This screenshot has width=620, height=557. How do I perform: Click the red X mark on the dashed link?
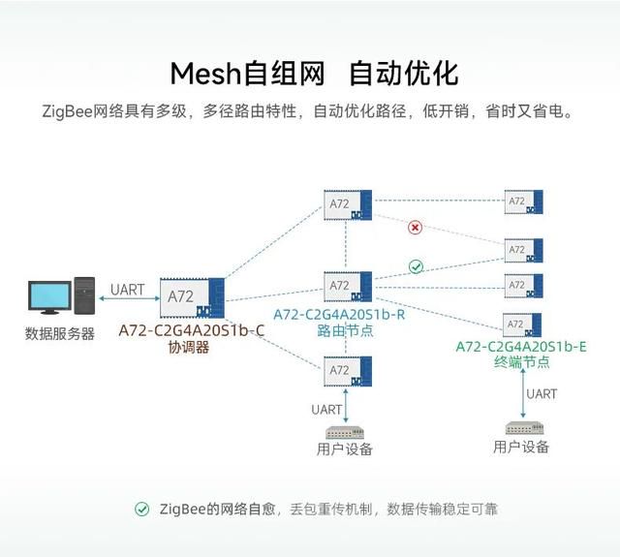coord(415,228)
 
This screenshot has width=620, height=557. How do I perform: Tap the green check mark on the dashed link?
coord(416,266)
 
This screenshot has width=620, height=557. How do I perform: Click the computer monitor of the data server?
coord(49,297)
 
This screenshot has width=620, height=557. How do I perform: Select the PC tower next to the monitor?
coord(84,295)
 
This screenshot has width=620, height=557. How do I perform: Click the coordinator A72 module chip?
coord(192,298)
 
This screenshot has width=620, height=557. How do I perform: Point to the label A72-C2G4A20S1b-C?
coord(192,330)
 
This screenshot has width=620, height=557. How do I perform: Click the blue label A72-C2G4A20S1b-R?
coord(339,315)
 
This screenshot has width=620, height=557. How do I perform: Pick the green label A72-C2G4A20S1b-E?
coord(521,347)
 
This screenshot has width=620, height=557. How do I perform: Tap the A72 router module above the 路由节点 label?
coord(348,287)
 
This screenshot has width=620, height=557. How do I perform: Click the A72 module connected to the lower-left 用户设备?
coord(348,371)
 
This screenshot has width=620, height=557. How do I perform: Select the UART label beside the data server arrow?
coord(127,290)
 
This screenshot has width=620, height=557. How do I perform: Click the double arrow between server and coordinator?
coord(129,298)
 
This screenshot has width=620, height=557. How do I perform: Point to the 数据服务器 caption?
coord(60,333)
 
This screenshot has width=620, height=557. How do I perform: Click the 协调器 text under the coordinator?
coord(189,348)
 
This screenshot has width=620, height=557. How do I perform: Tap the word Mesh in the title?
coord(205,74)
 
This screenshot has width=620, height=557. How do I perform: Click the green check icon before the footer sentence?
coord(141,509)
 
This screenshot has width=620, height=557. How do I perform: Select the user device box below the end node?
coord(524,428)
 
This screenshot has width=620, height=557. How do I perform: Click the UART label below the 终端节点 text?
coord(542,393)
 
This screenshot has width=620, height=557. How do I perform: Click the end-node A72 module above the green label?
coord(522,325)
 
